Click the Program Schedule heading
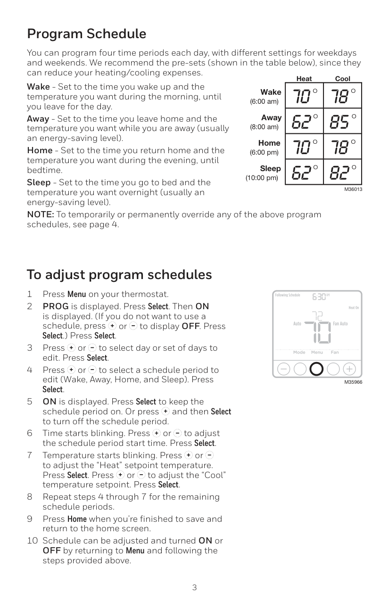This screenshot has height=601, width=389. point(86,34)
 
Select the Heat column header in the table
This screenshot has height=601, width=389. point(304,79)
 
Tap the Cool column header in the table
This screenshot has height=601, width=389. point(342,79)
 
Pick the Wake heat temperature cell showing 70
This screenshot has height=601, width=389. point(304,97)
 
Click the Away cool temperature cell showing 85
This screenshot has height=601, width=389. point(343,122)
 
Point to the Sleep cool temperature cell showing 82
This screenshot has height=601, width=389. point(343,173)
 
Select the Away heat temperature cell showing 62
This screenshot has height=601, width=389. point(304,122)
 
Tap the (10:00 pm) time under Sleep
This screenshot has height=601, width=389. point(262,178)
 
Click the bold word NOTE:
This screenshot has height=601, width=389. point(40,215)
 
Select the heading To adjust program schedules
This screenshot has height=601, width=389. point(119,274)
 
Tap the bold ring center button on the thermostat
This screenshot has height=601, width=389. point(317,369)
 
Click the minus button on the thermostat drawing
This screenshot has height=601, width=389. point(284,369)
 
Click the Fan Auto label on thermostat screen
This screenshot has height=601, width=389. point(340,324)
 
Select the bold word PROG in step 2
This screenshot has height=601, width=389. point(56,306)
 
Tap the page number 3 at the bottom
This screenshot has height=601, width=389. point(194,587)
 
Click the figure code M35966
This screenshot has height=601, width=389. point(353,382)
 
